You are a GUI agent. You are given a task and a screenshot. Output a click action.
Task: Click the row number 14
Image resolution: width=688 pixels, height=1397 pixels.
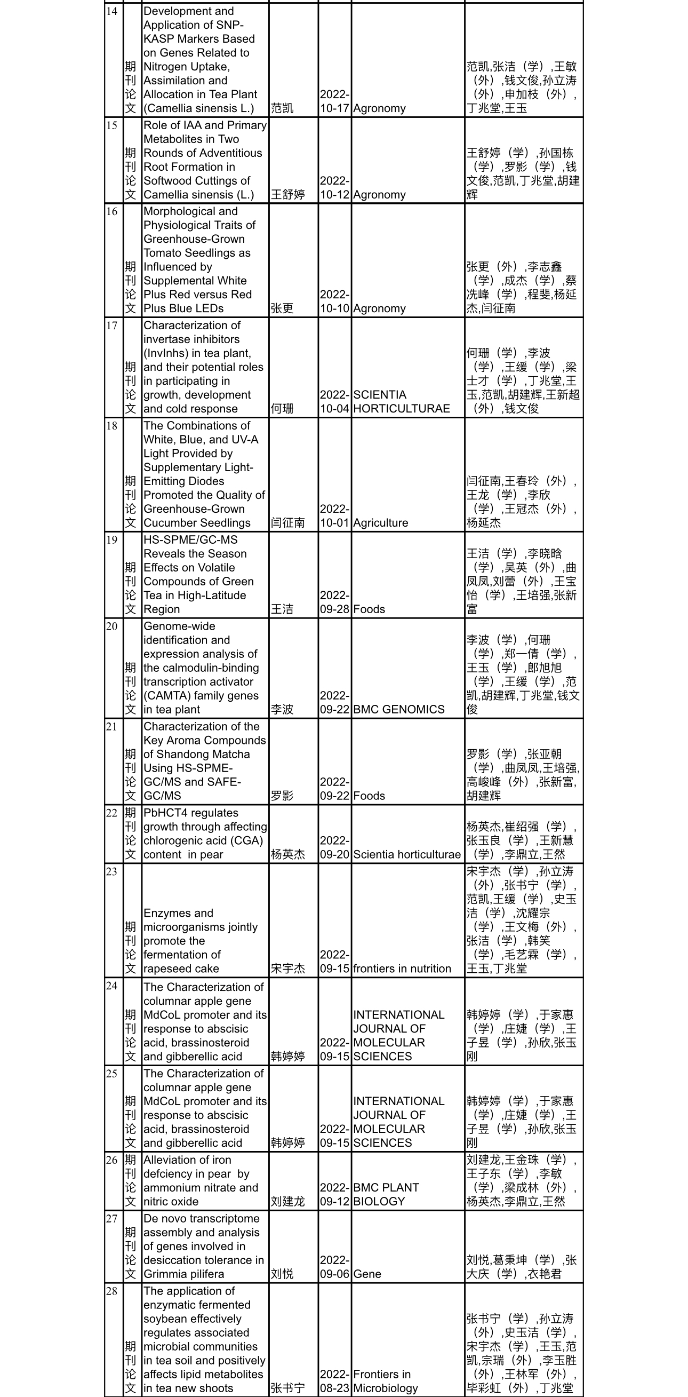click(x=111, y=11)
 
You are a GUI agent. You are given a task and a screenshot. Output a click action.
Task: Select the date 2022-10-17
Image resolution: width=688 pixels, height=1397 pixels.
click(x=334, y=101)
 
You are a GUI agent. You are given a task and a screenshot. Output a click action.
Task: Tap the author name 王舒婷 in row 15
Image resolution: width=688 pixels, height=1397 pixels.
click(x=288, y=195)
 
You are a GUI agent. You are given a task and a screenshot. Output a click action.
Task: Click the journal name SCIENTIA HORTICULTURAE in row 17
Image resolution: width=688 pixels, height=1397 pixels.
click(x=401, y=402)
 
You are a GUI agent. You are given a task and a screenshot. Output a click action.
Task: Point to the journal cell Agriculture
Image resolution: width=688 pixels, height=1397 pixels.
click(x=381, y=523)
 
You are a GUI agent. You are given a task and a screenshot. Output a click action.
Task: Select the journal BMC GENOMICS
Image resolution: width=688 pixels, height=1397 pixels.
click(x=398, y=709)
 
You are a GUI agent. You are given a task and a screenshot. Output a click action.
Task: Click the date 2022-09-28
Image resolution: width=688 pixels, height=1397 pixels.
click(x=334, y=602)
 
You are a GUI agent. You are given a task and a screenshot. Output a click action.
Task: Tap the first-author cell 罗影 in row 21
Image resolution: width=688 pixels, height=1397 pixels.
click(x=283, y=796)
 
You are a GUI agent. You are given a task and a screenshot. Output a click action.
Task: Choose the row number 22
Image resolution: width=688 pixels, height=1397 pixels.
click(x=111, y=813)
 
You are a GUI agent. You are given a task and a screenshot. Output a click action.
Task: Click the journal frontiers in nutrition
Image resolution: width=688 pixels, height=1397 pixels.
click(x=402, y=969)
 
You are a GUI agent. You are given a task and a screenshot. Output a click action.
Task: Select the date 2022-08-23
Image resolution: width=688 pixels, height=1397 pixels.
click(x=334, y=1381)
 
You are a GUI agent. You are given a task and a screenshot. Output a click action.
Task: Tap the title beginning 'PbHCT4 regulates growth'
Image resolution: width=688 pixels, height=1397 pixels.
click(x=205, y=834)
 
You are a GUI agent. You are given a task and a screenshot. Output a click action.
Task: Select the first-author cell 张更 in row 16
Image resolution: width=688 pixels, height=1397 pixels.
click(x=283, y=308)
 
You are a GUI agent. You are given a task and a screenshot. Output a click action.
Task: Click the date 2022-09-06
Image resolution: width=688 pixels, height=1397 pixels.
click(x=334, y=1267)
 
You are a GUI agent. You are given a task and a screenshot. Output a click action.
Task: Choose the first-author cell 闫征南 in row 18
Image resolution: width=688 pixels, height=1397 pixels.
click(x=288, y=523)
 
